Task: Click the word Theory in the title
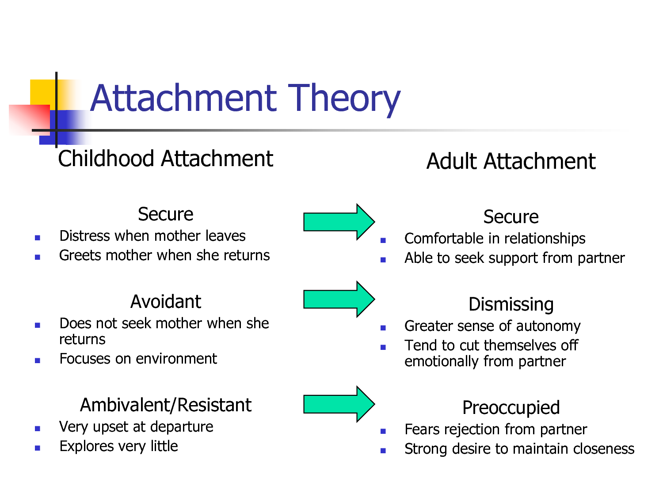pos(344,99)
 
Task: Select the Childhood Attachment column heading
pos(165,159)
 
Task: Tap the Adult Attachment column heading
pos(511,161)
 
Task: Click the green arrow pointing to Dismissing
pos(339,299)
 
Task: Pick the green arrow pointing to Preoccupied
pos(339,404)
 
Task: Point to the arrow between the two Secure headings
pos(339,222)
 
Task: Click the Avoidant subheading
pos(165,301)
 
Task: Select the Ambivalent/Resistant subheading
pos(165,405)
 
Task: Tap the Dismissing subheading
pos(511,304)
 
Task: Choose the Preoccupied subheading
pos(511,408)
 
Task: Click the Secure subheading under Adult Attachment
pos(511,216)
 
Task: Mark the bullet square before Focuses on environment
pos(38,360)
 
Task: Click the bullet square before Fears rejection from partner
pos(383,431)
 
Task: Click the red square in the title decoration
pos(29,120)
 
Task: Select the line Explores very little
pos(118,447)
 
